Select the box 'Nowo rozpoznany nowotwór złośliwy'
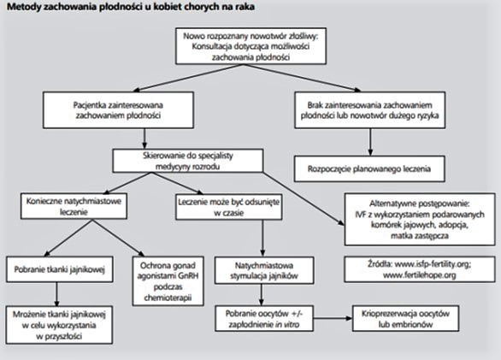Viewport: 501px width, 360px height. (x=250, y=46)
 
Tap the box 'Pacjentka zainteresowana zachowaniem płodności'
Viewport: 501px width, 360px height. (x=118, y=110)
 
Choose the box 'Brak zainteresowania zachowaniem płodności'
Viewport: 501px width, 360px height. (x=369, y=110)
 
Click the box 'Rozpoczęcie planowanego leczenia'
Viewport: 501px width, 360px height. (x=369, y=168)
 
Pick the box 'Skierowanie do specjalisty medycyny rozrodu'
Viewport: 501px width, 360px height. (x=188, y=161)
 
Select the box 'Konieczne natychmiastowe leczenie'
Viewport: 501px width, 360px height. (x=74, y=206)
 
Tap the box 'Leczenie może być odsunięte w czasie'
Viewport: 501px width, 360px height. (x=229, y=207)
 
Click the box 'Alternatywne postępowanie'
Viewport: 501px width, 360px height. (x=420, y=219)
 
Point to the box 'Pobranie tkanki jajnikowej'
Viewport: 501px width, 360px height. (x=60, y=269)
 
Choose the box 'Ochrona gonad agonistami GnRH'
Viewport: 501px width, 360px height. (x=168, y=281)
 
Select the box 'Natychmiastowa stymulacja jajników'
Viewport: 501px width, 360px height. (x=264, y=270)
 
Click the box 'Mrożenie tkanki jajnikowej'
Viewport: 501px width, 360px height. (x=59, y=325)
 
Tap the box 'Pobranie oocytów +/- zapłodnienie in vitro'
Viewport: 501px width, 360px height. (x=264, y=319)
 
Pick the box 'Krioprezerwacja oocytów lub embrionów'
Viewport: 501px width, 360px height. (x=406, y=318)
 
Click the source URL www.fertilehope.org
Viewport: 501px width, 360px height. (x=420, y=275)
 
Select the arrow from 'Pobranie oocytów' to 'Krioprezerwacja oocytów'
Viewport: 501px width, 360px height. (x=333, y=318)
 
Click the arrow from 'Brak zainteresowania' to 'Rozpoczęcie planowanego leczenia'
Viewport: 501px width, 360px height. (x=370, y=142)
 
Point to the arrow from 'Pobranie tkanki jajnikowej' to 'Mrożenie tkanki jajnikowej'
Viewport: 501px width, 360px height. (x=56, y=294)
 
